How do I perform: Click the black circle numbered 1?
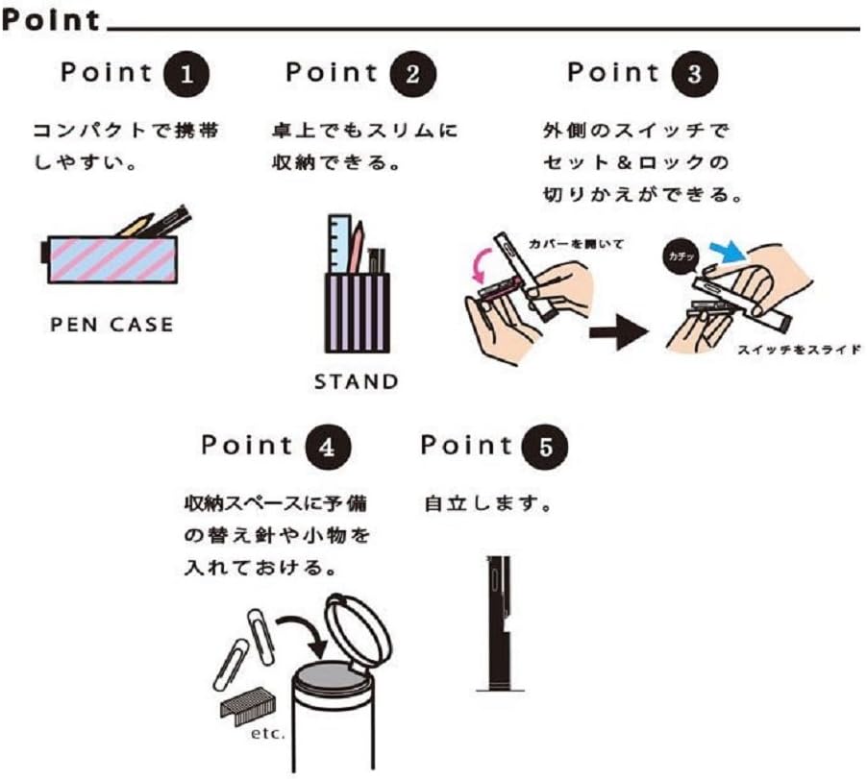[x=186, y=74]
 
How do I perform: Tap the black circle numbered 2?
[x=412, y=74]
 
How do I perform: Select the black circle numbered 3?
[x=695, y=74]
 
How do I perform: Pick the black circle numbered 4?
[x=328, y=447]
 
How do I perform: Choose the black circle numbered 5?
[x=546, y=447]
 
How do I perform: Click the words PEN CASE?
[x=111, y=325]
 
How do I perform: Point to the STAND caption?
[x=356, y=381]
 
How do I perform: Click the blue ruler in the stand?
[x=339, y=244]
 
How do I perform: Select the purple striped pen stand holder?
[x=358, y=313]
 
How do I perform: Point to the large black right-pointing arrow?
[x=619, y=332]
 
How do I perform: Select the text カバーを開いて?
[x=576, y=243]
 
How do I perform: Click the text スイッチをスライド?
[x=800, y=350]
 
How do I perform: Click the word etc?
[x=268, y=734]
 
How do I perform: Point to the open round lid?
[x=359, y=634]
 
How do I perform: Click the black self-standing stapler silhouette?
[x=499, y=623]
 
